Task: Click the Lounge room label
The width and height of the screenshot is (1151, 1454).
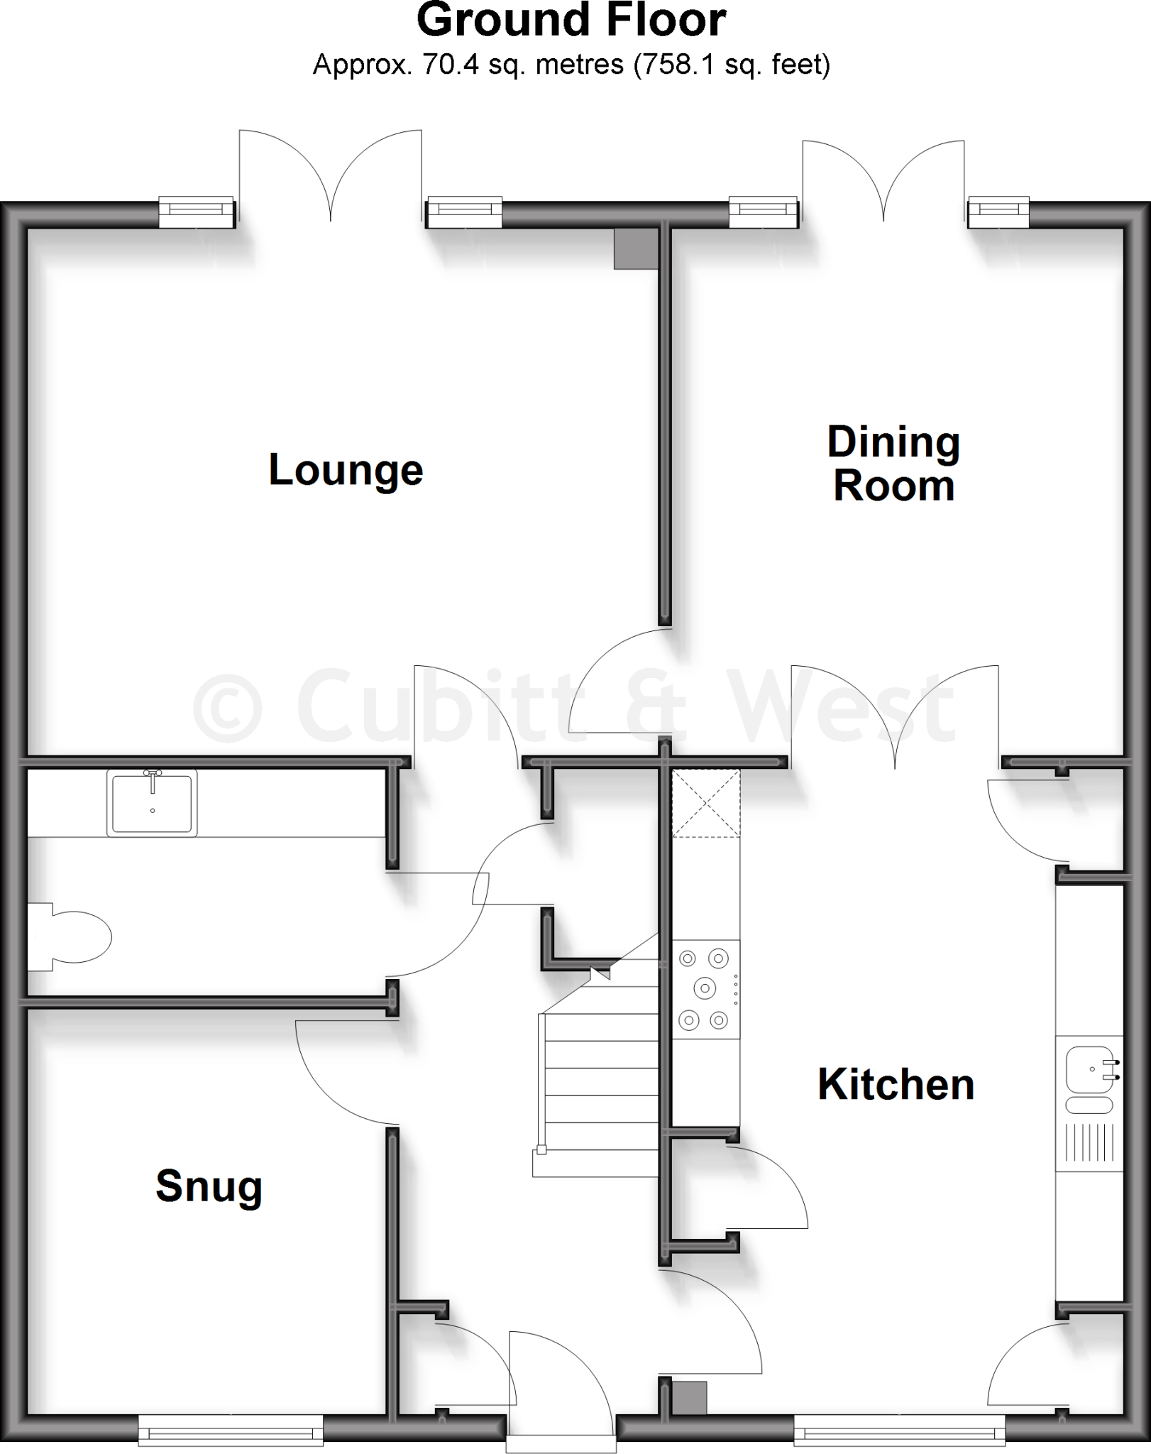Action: pos(346,470)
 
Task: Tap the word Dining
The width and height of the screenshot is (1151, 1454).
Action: pos(893,442)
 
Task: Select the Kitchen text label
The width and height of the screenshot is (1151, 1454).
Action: pos(896,1084)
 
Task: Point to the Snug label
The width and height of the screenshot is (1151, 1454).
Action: pos(209,1186)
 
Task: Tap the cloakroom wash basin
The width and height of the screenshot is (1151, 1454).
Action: pos(152,802)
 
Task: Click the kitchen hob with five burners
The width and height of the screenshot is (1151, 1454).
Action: pos(705,989)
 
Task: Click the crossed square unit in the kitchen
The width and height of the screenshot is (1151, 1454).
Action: pos(706,803)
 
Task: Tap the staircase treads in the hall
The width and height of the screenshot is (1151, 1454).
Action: pos(600,1093)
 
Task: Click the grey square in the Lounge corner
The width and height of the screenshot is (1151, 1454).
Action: pos(636,249)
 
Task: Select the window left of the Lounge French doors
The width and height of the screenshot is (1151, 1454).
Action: pos(197,212)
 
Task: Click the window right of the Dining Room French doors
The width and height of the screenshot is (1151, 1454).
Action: pos(998,212)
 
